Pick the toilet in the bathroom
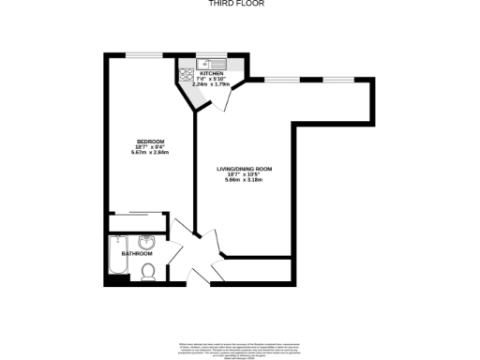[x=147, y=273]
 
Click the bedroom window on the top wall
[x=146, y=54]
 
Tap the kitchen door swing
[x=225, y=98]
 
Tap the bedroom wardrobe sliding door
[x=139, y=214]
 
